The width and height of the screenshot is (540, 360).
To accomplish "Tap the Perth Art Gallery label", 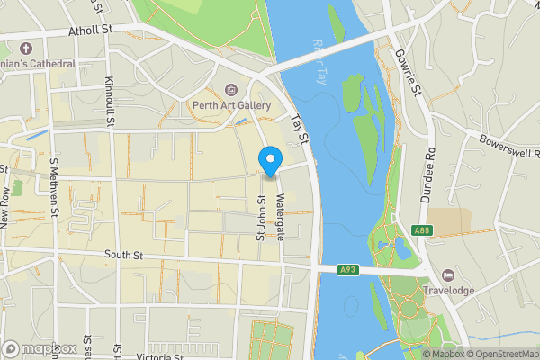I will click(x=231, y=105).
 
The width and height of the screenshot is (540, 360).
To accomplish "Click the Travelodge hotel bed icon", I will click(x=448, y=274).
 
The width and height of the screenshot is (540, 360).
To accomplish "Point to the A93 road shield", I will click(x=349, y=269).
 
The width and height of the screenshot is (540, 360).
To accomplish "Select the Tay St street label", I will click(x=299, y=129).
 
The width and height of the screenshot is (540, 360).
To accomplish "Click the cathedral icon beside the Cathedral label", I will click(x=25, y=48).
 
